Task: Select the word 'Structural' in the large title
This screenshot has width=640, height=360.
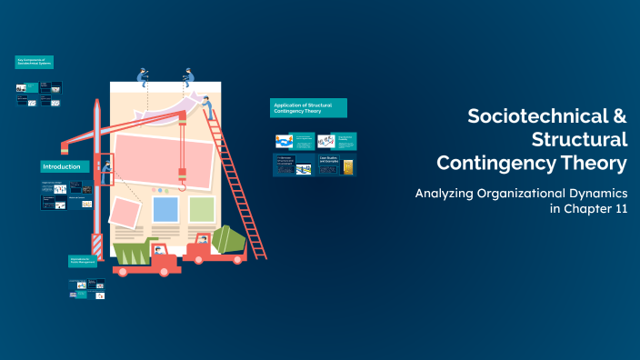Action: pos(579,140)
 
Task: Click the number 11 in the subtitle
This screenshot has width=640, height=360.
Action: pos(618,209)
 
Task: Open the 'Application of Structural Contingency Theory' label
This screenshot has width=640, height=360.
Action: pos(308,108)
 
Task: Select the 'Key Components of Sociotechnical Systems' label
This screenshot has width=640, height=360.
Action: pos(35,62)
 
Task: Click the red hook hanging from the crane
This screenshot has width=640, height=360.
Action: pos(183,187)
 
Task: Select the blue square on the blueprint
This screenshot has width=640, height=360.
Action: pos(165,209)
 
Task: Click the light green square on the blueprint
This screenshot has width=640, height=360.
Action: pos(202,209)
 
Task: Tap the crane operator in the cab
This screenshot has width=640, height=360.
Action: pos(107,167)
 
